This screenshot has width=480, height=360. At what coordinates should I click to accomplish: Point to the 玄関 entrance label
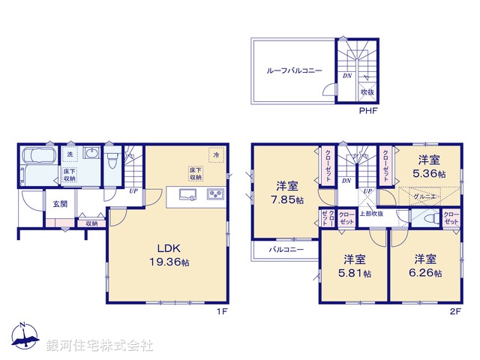60,203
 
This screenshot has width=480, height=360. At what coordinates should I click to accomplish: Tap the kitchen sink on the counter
187,196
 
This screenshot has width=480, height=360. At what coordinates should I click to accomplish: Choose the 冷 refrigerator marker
216,155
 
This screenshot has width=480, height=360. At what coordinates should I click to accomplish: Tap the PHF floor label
367,111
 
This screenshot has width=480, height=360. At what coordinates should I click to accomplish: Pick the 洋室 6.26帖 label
425,266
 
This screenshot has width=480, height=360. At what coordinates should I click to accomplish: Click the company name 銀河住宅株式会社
99,346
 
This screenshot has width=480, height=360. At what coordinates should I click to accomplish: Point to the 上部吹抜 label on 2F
372,214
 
